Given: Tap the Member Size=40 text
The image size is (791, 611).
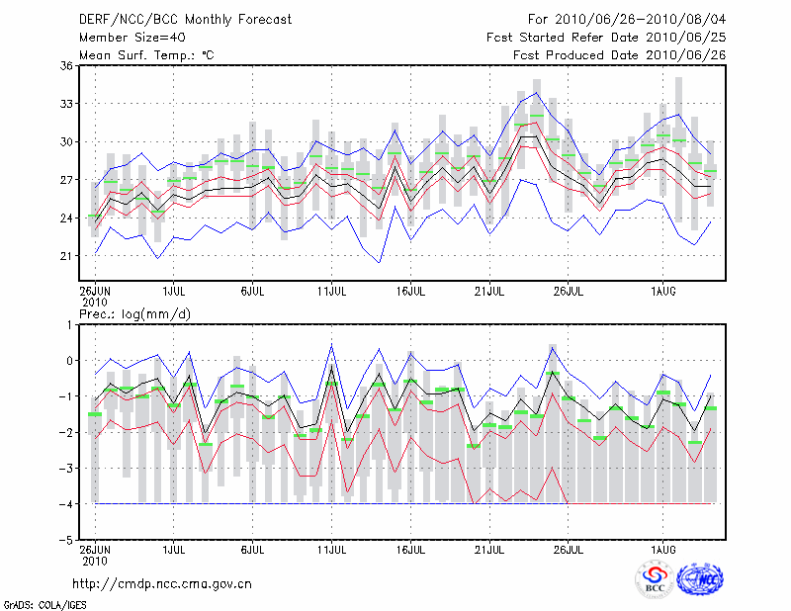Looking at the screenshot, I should [x=132, y=37].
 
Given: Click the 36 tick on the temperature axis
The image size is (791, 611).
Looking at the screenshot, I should [x=66, y=65].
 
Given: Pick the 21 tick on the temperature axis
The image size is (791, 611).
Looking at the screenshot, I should [x=66, y=256].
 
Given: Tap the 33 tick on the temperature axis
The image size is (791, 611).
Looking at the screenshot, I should [x=66, y=104].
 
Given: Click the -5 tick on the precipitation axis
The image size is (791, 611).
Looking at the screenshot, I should [x=66, y=541].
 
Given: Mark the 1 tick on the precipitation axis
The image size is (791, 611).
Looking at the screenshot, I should [x=69, y=324].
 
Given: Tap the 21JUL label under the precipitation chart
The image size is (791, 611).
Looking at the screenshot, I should [x=489, y=550].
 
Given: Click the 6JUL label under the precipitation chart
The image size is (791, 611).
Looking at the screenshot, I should [x=252, y=550].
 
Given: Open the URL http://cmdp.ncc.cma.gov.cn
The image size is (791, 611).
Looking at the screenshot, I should [x=162, y=583].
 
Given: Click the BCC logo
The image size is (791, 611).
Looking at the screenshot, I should [x=654, y=579].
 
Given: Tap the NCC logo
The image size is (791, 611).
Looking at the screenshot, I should [x=700, y=579].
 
